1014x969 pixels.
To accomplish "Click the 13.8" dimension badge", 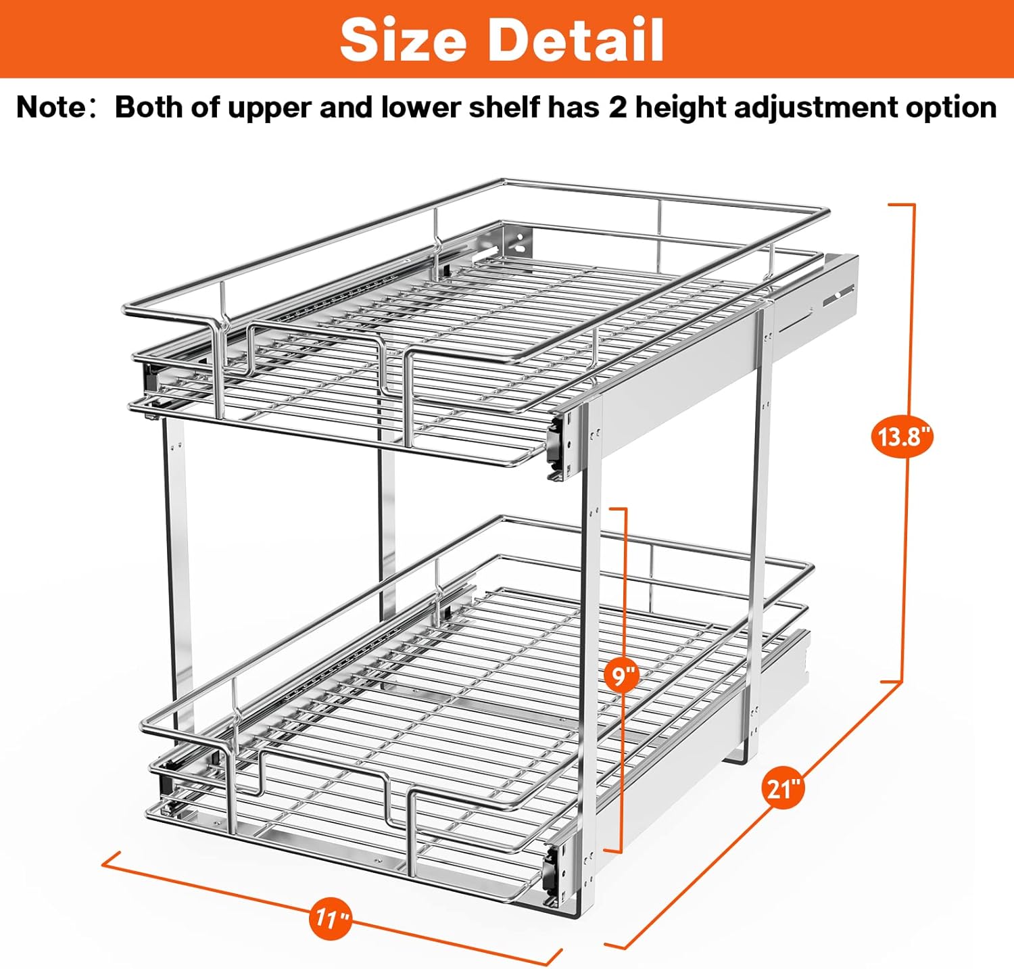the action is click(902, 437).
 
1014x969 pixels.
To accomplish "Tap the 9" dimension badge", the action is click(621, 676).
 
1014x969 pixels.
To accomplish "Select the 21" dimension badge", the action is click(783, 788).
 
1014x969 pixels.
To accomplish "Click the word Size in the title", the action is click(404, 41).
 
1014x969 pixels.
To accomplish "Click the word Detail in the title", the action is click(577, 41).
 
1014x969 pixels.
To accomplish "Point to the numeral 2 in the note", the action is click(618, 108).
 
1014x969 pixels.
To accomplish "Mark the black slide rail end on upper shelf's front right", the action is click(556, 448).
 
